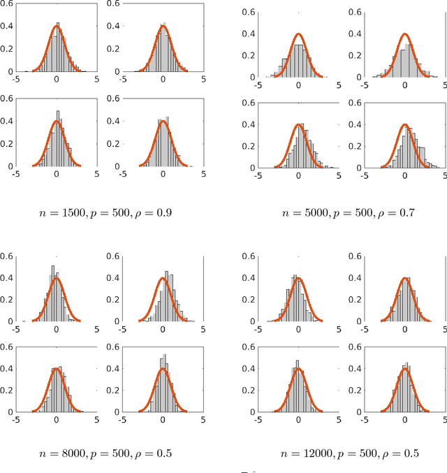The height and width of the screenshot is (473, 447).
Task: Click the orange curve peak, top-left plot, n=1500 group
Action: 57,27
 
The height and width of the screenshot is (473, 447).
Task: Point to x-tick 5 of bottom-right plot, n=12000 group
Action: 445,421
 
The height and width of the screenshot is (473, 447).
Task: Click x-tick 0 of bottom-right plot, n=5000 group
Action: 405,175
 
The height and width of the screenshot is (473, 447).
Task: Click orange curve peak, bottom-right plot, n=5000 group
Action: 405,124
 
